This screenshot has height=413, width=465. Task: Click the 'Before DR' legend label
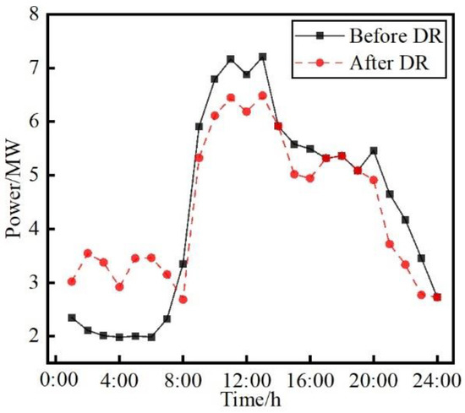click(391, 35)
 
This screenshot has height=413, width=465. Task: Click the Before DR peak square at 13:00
click(262, 57)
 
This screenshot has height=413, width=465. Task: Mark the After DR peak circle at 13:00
click(262, 95)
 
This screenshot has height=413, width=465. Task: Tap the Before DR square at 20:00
click(374, 150)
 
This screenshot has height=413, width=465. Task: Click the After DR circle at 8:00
click(183, 299)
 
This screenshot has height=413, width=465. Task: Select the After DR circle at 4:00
click(119, 286)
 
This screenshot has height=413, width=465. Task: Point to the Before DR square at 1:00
click(72, 318)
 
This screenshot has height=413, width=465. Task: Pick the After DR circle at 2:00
click(87, 253)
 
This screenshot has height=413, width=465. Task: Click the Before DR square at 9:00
click(199, 127)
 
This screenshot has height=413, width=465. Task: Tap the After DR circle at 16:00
click(310, 178)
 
